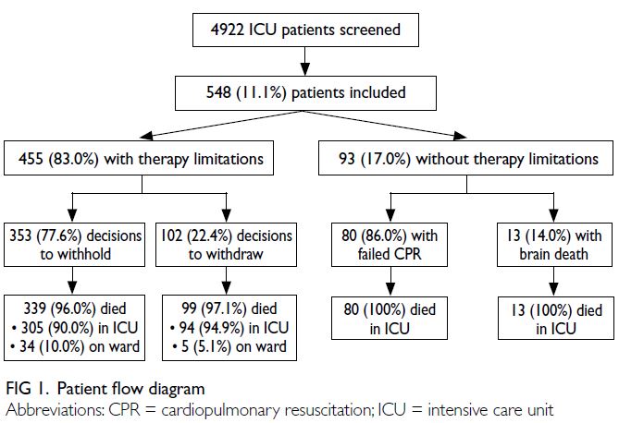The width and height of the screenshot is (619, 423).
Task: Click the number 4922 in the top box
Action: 227,30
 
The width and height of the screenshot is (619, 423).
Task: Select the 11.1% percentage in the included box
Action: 261,92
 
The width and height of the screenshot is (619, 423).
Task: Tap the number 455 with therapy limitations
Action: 31,159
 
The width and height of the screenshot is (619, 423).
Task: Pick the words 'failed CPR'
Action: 390,254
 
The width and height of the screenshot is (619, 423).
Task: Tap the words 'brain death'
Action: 553,254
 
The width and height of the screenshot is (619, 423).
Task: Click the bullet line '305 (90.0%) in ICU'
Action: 75,328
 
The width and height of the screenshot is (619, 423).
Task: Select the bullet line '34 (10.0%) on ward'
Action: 75,346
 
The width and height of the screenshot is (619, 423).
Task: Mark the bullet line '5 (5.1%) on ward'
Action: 229,346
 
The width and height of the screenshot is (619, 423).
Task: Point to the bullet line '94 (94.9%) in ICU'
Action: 229,328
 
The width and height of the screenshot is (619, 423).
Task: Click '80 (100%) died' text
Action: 390,309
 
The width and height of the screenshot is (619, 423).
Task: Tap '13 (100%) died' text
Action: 556,310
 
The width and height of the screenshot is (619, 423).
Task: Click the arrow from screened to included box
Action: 304,61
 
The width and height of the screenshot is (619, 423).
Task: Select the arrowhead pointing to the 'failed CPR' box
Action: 390,215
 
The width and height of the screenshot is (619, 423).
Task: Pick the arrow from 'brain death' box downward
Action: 554,281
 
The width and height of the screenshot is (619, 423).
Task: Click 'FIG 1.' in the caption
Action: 27,389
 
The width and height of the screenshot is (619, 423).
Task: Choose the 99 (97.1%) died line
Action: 229,308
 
